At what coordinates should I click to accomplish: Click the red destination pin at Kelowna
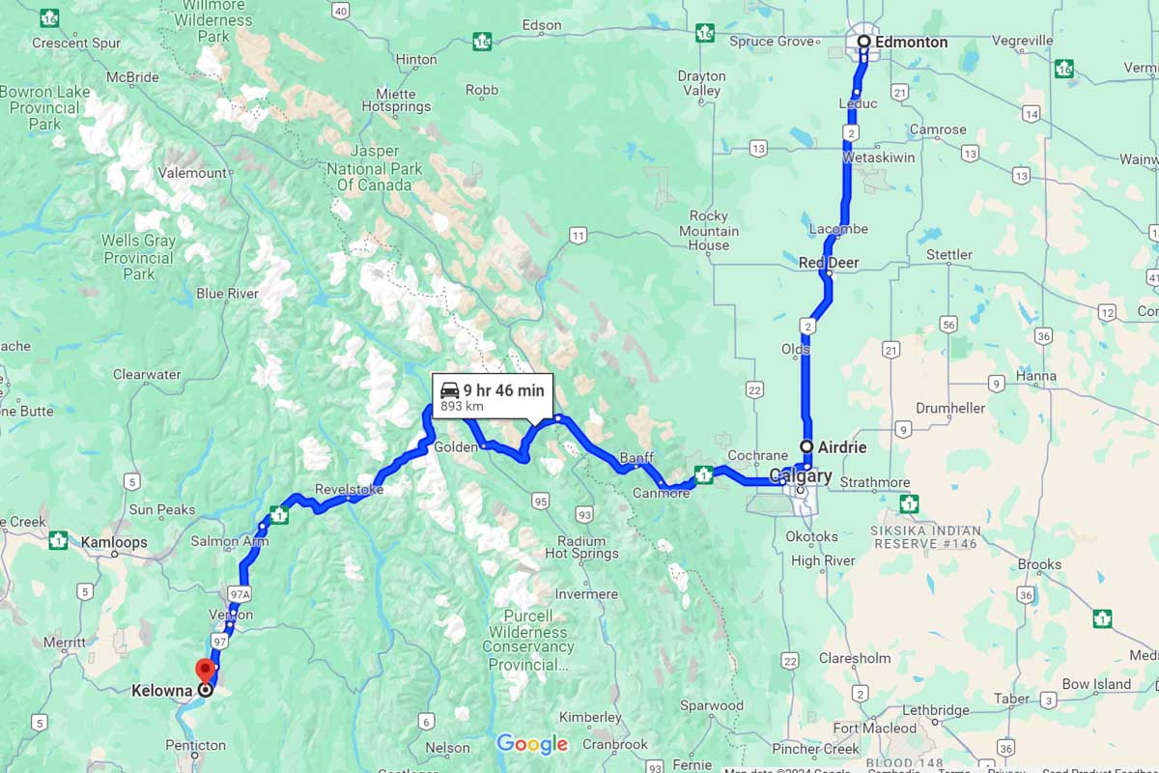click(205, 670)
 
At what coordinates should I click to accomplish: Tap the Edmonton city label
click(911, 43)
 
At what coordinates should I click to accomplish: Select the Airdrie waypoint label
click(841, 447)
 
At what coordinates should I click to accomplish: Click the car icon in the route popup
click(450, 390)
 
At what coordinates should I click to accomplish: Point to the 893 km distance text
click(462, 407)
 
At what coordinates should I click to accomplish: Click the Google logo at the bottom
click(532, 744)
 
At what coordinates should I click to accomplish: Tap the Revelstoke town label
click(349, 490)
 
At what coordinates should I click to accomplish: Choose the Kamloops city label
click(114, 542)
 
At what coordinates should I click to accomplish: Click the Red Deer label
click(828, 263)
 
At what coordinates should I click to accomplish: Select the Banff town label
click(636, 457)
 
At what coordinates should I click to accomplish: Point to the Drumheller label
click(950, 408)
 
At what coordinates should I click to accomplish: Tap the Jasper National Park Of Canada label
click(374, 168)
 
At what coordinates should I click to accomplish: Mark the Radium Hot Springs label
click(581, 547)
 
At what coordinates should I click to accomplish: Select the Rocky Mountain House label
click(709, 231)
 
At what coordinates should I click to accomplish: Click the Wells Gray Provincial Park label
click(139, 257)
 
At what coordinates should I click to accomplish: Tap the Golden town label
click(455, 447)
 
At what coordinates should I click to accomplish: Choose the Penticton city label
click(195, 745)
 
